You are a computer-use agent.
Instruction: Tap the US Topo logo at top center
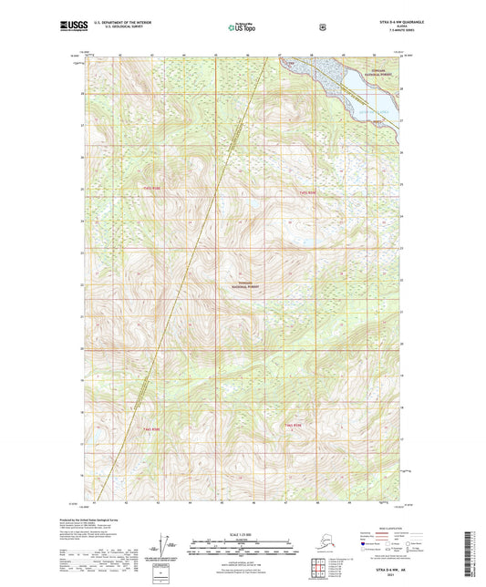tap(243, 28)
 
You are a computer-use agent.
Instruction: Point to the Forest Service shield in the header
tap(322, 27)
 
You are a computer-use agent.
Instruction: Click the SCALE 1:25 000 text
tap(242, 533)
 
